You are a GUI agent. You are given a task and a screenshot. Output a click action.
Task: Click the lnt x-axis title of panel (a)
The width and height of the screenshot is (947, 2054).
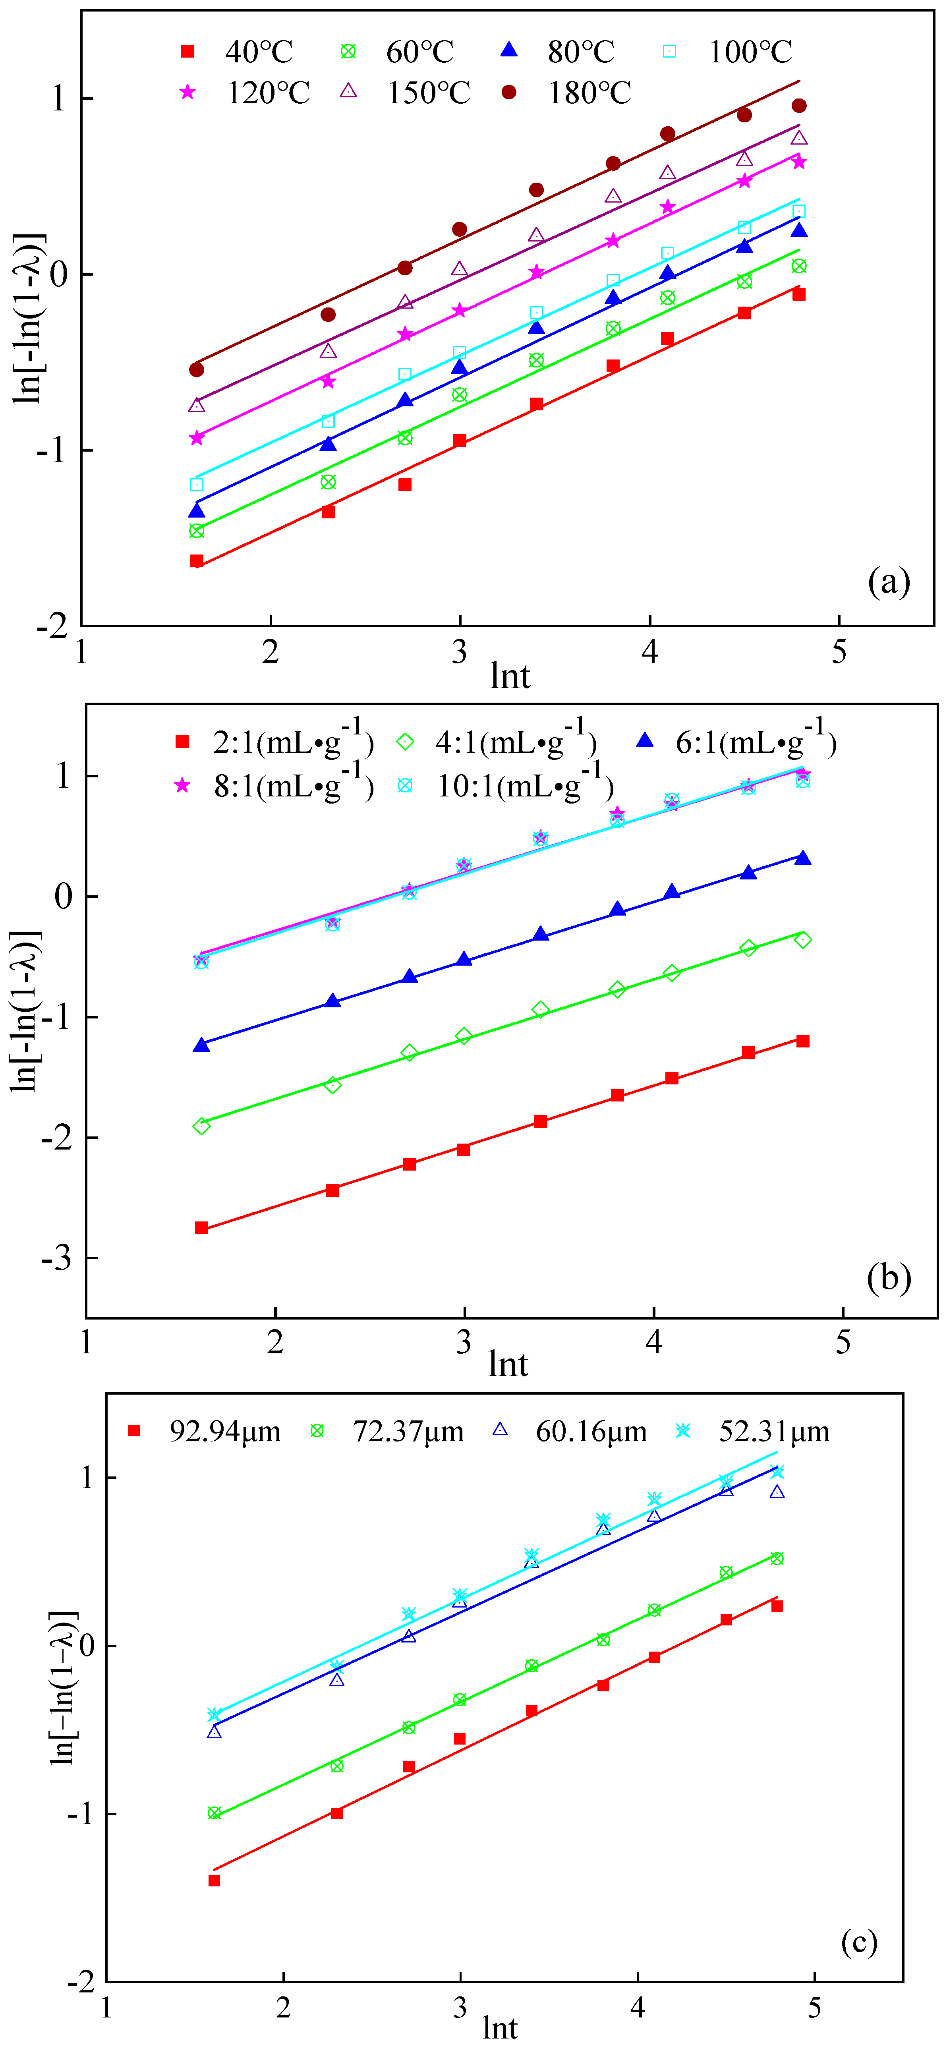510,676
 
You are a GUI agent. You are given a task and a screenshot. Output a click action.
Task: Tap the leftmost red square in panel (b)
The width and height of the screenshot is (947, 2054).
202,1228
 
